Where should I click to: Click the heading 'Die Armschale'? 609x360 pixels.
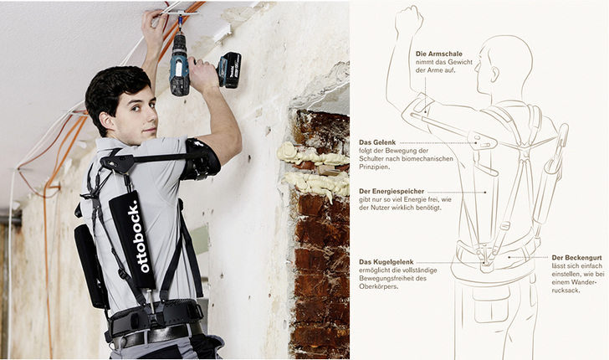tap(438, 54)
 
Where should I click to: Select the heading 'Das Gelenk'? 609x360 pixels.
tap(377, 141)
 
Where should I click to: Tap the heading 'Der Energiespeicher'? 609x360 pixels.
tap(395, 191)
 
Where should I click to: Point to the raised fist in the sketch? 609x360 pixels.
tap(409, 21)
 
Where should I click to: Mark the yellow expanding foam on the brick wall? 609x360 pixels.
tap(314, 167)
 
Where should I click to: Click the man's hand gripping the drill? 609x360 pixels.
tap(202, 75)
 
